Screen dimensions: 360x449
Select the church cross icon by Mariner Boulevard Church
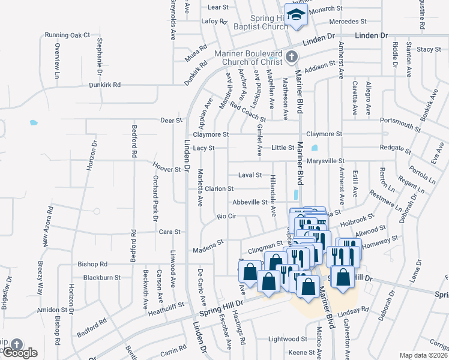[x=292, y=57]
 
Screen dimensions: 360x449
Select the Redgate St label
[x=395, y=148]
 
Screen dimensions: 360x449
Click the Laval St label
[x=250, y=175]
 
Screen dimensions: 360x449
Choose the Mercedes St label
[x=344, y=21]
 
